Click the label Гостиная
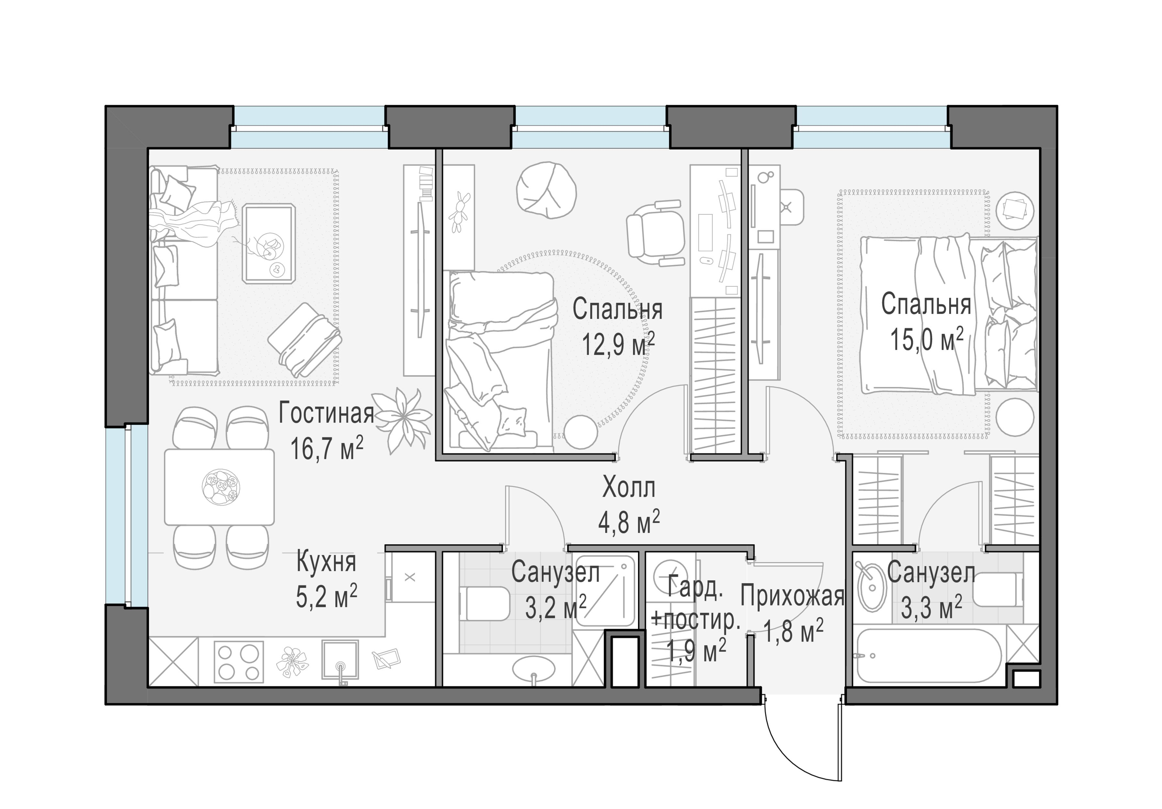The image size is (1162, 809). click(326, 414)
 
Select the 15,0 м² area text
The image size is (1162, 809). click(926, 339)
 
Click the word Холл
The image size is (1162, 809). click(629, 488)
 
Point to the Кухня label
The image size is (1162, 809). click(326, 562)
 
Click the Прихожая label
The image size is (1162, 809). click(793, 596)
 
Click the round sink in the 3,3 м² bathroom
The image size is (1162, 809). click(871, 587)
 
